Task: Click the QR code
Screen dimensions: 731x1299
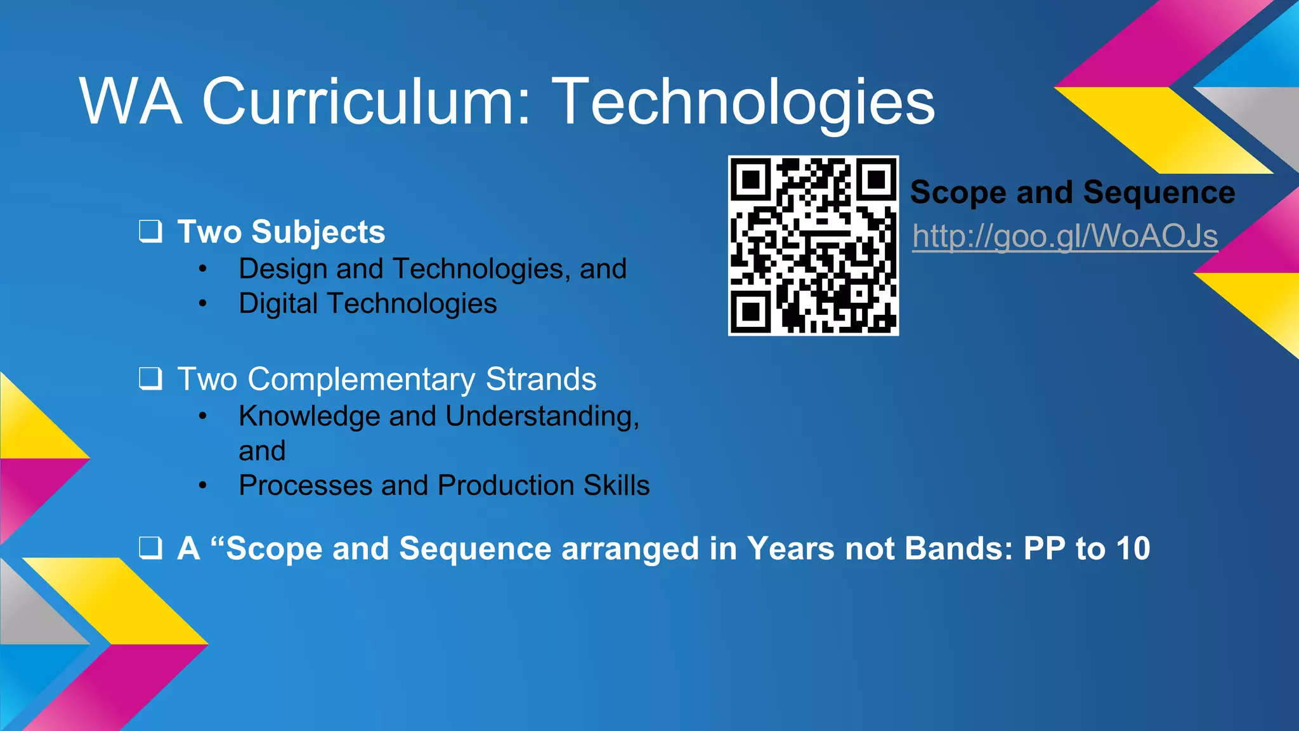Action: point(813,246)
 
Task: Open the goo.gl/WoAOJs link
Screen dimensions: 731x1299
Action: point(1065,237)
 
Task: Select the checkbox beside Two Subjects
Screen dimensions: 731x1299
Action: point(150,231)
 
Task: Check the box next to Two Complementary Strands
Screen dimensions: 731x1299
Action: point(150,379)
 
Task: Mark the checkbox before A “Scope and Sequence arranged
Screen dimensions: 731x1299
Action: point(150,548)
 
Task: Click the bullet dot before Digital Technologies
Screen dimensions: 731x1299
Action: point(202,304)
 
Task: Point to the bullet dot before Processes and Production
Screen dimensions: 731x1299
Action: point(202,486)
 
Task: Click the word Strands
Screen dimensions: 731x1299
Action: point(540,379)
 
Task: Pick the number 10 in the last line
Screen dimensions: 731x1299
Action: point(1133,548)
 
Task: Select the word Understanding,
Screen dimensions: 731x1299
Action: point(542,416)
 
